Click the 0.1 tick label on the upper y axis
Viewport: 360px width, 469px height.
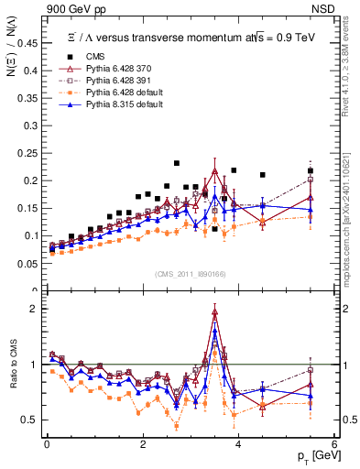click(34, 235)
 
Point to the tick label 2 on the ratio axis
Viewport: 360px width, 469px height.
click(38, 309)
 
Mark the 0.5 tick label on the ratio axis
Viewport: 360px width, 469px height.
click(34, 420)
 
